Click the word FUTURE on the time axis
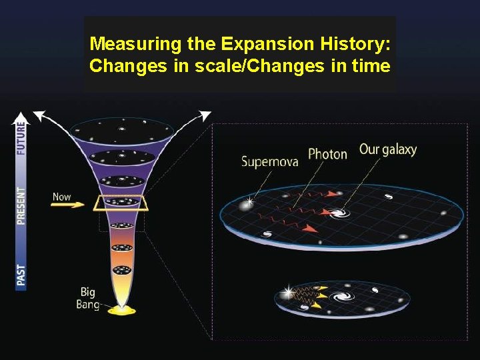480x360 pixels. (x=21, y=139)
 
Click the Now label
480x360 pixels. (x=61, y=197)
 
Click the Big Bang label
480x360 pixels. (x=89, y=297)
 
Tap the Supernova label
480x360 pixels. (x=270, y=161)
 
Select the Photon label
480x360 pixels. (x=327, y=155)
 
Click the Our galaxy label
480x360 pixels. (x=387, y=149)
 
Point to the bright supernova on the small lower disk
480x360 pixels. (x=289, y=292)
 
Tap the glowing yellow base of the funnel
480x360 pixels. (x=121, y=310)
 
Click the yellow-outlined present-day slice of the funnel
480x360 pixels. (x=121, y=201)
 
